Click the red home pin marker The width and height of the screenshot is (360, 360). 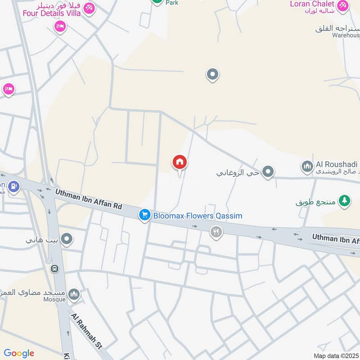(180, 162)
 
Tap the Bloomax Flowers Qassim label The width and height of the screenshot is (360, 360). (198, 216)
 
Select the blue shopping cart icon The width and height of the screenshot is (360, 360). (144, 215)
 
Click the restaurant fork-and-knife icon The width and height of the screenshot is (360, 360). (216, 232)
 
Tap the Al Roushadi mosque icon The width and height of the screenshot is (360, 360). (307, 167)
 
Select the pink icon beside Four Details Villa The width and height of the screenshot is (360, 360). (89, 8)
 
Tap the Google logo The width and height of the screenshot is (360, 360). (19, 353)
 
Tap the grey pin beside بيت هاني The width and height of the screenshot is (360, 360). (67, 239)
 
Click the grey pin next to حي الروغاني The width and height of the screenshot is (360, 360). (268, 171)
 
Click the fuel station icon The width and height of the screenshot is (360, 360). (14, 185)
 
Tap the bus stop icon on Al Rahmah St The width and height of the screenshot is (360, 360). (55, 269)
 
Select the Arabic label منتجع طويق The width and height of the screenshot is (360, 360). (316, 202)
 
